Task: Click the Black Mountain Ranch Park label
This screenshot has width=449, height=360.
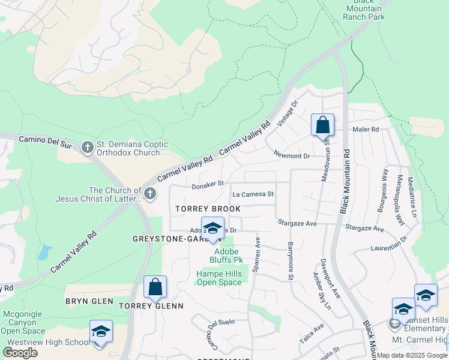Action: point(363,10)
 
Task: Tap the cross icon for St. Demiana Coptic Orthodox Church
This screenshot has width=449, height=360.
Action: point(88,148)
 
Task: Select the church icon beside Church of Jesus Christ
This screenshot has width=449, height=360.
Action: point(150,194)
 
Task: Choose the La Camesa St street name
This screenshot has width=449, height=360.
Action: point(253,194)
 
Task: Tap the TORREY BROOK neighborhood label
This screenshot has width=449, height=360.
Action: point(208,209)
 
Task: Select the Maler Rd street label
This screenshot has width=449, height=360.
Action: point(366,129)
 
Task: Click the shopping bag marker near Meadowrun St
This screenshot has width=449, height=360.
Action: point(322,125)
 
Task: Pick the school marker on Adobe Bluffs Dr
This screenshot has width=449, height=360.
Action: point(212,228)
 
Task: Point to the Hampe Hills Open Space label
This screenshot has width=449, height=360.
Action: point(218,278)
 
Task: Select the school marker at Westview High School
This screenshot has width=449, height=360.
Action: point(101,332)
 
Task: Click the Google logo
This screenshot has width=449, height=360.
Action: point(20,352)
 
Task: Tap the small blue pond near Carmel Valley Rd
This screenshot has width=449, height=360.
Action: point(43,252)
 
